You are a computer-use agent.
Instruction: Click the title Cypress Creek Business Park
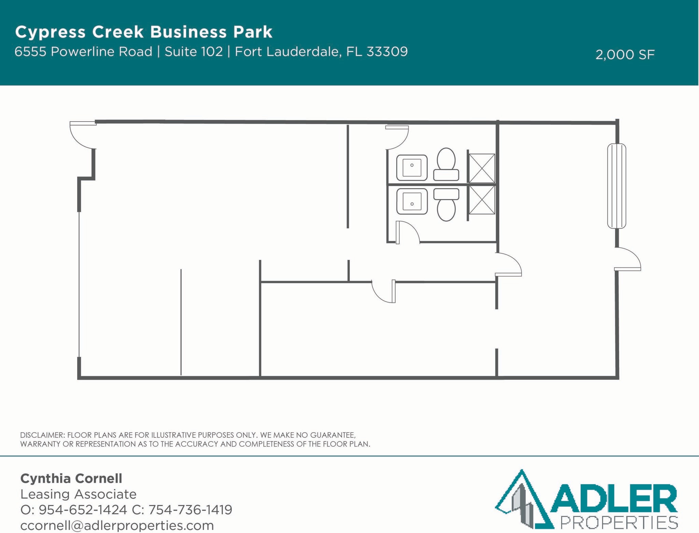click(144, 32)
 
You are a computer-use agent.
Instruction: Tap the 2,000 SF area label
click(625, 55)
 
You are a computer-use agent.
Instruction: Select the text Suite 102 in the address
click(194, 52)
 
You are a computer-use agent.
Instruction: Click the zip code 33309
click(387, 52)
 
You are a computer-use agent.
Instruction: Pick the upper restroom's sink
click(412, 168)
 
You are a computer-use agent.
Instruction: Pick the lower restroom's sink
click(412, 201)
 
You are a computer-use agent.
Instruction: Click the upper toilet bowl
click(446, 159)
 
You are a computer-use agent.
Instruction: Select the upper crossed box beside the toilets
click(482, 168)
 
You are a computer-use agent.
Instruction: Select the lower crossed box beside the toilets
click(482, 200)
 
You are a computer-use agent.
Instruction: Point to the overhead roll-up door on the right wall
click(616, 186)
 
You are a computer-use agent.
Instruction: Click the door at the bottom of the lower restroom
click(408, 232)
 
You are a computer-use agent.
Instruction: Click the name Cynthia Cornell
click(71, 478)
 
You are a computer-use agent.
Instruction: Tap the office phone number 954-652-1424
click(83, 510)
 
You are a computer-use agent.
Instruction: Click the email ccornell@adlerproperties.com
click(117, 525)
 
